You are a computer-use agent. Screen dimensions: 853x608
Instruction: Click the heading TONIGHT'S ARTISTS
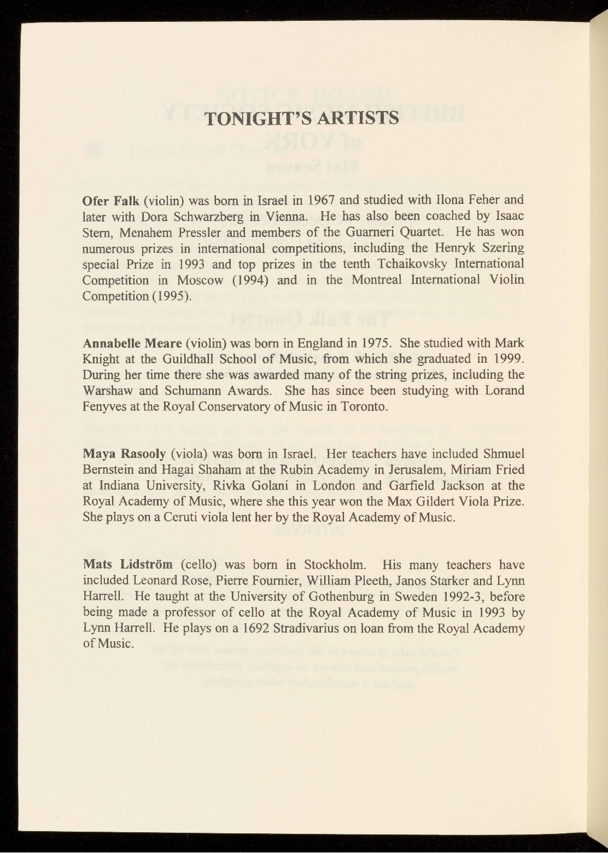pos(302,118)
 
